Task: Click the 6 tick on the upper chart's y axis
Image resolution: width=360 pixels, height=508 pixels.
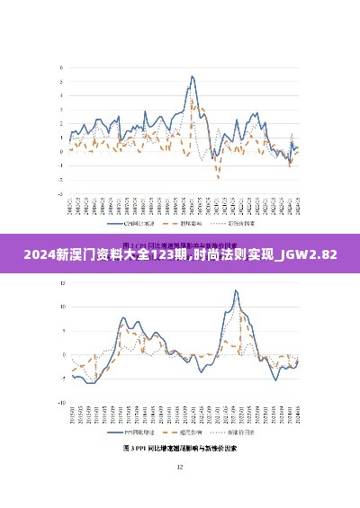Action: pyautogui.click(x=60, y=67)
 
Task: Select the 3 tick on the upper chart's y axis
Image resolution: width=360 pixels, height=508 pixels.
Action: pyautogui.click(x=60, y=109)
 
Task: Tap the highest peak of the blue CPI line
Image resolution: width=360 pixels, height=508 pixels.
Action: pyautogui.click(x=192, y=76)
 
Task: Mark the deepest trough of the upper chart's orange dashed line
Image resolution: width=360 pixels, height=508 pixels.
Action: pyautogui.click(x=218, y=177)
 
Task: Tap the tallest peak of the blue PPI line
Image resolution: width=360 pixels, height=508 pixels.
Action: pyautogui.click(x=236, y=290)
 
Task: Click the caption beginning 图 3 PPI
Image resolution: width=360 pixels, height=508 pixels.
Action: pyautogui.click(x=179, y=447)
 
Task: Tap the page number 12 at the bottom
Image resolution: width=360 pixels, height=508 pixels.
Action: pyautogui.click(x=179, y=467)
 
